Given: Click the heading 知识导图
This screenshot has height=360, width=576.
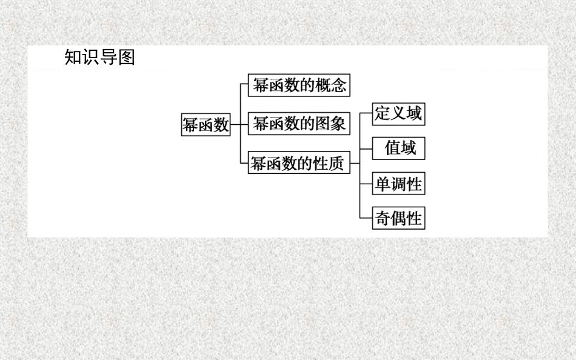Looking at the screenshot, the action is pos(99,58).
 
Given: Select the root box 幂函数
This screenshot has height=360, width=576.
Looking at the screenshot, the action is pos(206,125).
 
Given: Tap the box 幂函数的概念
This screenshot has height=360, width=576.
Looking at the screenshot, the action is pos(300,85).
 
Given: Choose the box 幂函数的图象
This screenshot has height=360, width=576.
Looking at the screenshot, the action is pos(300,124).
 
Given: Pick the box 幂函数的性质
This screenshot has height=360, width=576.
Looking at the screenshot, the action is pos(300,163).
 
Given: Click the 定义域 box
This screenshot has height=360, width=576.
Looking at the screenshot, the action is pos(398,113).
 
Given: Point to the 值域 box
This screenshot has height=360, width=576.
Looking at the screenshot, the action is pos(398,148).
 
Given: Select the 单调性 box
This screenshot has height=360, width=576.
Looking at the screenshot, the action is pos(398,184).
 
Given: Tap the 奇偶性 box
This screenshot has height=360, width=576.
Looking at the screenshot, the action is pos(398,218).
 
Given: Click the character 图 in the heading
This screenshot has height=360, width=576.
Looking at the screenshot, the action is pos(126,58).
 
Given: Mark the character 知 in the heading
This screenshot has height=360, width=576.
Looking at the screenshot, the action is pos(73,58).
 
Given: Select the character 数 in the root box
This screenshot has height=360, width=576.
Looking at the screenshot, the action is pos(221,125).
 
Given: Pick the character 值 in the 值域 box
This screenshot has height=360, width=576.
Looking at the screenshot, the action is pos(392,148).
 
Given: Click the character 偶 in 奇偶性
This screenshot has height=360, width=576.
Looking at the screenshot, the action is pos(398,218).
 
